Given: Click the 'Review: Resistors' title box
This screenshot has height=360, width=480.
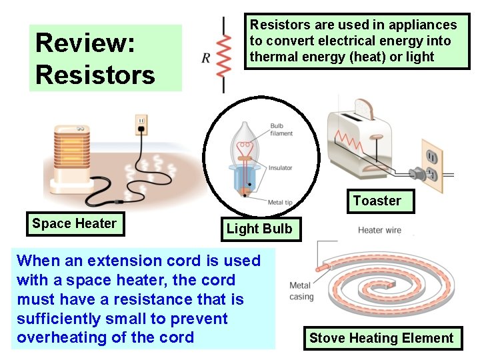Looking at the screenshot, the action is [x=105, y=58].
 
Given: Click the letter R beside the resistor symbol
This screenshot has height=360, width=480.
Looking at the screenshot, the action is [x=206, y=58].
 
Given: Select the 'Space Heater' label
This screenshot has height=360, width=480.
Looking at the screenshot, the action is [x=74, y=224].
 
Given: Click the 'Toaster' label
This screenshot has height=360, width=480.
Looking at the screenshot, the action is [x=377, y=201].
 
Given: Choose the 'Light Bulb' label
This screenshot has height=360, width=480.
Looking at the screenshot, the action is [x=259, y=229].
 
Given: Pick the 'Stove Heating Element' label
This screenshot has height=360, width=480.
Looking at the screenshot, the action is [x=381, y=338].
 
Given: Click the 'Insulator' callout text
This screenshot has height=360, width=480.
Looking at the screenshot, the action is [x=280, y=168].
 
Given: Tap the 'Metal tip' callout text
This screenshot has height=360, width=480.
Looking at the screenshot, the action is [x=280, y=202].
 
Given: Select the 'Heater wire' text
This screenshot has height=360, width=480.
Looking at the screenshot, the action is [x=379, y=231].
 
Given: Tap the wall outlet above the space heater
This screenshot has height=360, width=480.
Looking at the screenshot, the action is [x=141, y=124].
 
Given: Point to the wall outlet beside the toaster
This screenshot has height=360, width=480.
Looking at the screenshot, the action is [x=431, y=160].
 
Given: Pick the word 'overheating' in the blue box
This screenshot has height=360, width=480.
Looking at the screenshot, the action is [x=58, y=337].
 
